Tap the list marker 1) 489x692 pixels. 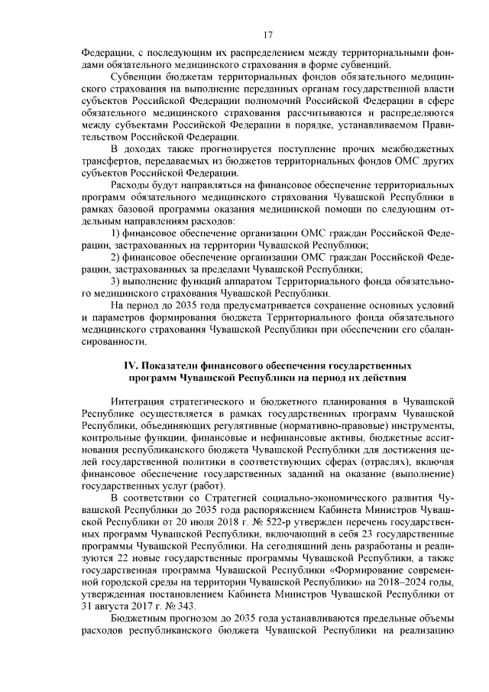(117, 232)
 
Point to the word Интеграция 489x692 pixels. (140, 400)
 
